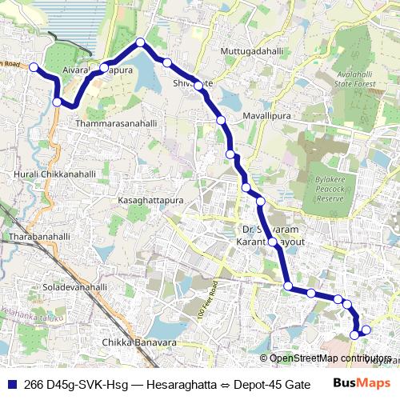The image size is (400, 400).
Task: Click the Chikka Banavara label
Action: pyautogui.click(x=139, y=343)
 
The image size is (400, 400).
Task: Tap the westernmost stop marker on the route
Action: pyautogui.click(x=34, y=68)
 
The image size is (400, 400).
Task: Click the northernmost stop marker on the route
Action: pyautogui.click(x=140, y=42)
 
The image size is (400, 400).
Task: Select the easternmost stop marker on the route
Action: pyautogui.click(x=366, y=330)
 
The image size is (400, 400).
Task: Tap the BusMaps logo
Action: pyautogui.click(x=362, y=384)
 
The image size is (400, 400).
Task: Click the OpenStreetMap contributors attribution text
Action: pyautogui.click(x=330, y=358)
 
